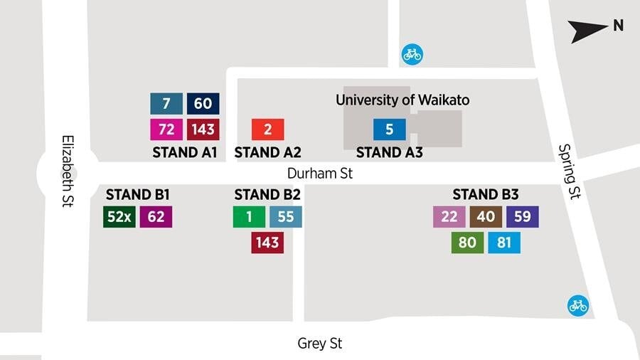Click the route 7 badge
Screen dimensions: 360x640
pos(166,104)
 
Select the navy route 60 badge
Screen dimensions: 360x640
pos(203,104)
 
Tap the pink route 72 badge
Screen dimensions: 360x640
pos(166,129)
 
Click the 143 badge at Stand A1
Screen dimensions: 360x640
pos(203,129)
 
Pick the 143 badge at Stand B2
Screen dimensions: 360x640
pos(267,243)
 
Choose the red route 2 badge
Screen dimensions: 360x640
pos(268,129)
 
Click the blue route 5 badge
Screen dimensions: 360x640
pos(390,129)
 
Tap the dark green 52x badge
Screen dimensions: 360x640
pos(119,217)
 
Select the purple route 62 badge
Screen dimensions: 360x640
pos(156,217)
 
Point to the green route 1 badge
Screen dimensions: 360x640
pos(250,217)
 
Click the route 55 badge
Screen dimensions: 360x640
pos(286,217)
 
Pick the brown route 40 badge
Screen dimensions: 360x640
pos(486,217)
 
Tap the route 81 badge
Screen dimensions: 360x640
pos(504,243)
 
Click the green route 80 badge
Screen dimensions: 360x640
pos(467,243)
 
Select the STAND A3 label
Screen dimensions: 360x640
pos(390,152)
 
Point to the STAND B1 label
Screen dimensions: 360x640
pos(138,194)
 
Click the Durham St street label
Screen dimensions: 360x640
pos(320,173)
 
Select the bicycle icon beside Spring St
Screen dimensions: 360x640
pos(577,306)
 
